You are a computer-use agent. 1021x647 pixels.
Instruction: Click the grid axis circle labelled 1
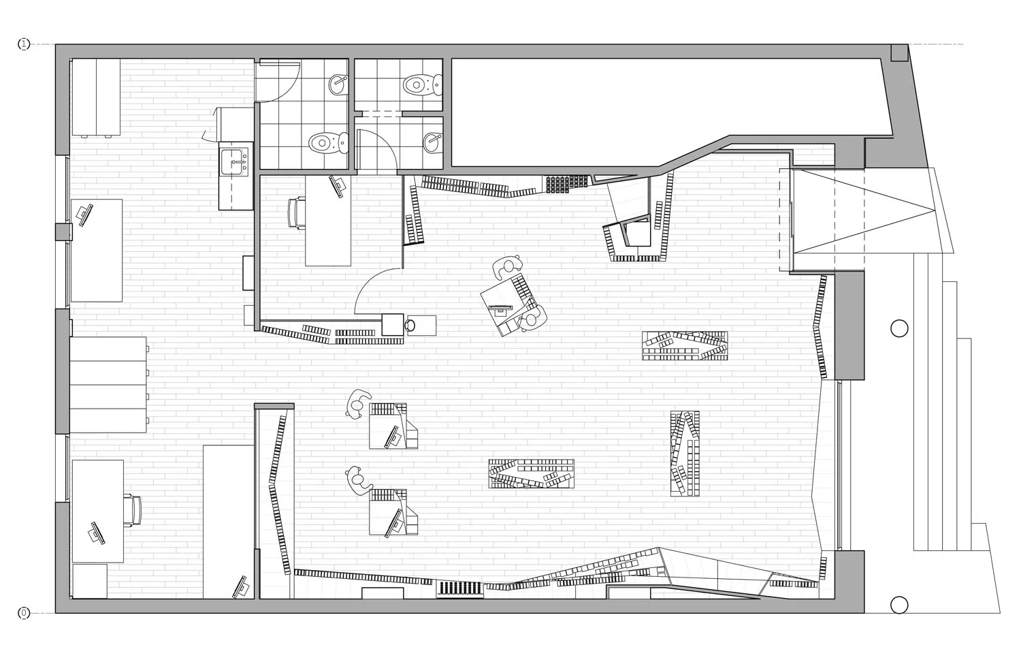point(24,44)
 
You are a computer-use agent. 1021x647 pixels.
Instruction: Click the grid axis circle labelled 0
point(24,613)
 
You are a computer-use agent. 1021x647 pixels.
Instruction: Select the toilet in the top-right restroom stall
point(421,84)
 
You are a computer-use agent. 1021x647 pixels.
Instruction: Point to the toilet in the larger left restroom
point(328,143)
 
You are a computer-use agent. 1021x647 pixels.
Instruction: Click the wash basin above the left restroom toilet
point(338,84)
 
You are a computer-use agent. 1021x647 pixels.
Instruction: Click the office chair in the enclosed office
point(297,212)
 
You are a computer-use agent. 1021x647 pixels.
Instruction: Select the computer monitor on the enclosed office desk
point(338,187)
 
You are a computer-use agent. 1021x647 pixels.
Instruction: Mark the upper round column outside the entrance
point(899,328)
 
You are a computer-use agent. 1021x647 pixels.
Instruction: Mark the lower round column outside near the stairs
point(899,605)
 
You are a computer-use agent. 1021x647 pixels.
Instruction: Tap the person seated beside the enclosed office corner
point(410,325)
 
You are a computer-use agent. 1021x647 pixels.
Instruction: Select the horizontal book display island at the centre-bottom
point(531,474)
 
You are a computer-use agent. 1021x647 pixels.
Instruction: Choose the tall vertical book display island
point(685,454)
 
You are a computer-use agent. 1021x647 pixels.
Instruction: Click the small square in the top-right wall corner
point(899,52)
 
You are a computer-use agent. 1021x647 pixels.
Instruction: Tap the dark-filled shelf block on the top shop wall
point(567,184)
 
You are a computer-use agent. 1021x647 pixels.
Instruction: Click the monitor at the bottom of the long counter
point(241,587)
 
